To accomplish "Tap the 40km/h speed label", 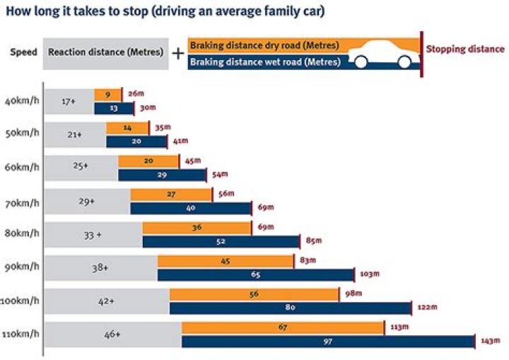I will [21, 100].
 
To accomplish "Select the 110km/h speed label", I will [21, 333].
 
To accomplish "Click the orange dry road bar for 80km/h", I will [197, 228].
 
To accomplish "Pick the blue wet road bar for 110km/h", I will [327, 342].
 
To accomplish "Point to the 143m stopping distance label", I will [490, 340].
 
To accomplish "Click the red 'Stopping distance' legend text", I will [465, 50].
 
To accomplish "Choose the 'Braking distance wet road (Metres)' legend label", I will [266, 62].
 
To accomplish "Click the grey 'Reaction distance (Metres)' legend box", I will [106, 53].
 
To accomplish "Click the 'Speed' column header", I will [23, 53].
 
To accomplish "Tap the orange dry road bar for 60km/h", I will [148, 161].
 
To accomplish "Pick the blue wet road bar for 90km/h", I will [255, 274].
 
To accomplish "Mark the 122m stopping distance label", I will [427, 307].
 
